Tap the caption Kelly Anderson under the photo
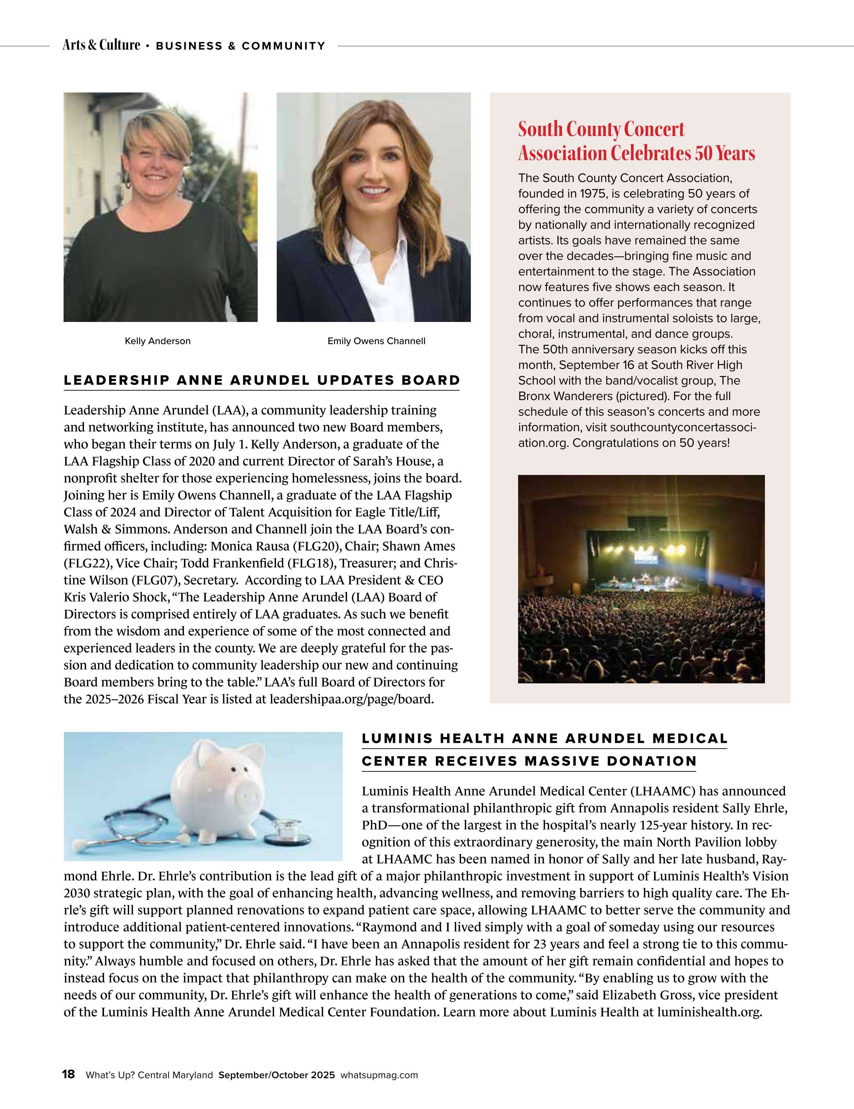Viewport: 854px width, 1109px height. click(157, 341)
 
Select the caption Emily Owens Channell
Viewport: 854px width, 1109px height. click(376, 341)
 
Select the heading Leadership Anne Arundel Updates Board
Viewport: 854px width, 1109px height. click(261, 380)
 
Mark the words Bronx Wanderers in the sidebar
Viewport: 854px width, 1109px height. click(561, 396)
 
